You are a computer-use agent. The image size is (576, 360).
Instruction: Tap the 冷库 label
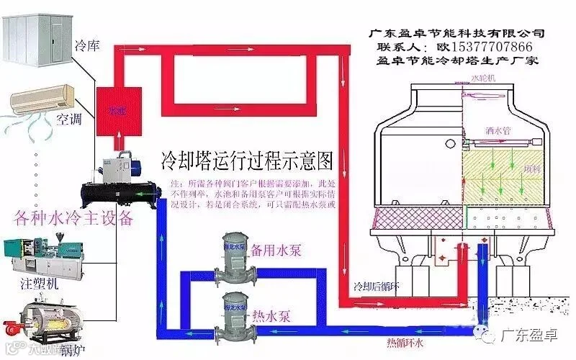(x=87, y=47)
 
